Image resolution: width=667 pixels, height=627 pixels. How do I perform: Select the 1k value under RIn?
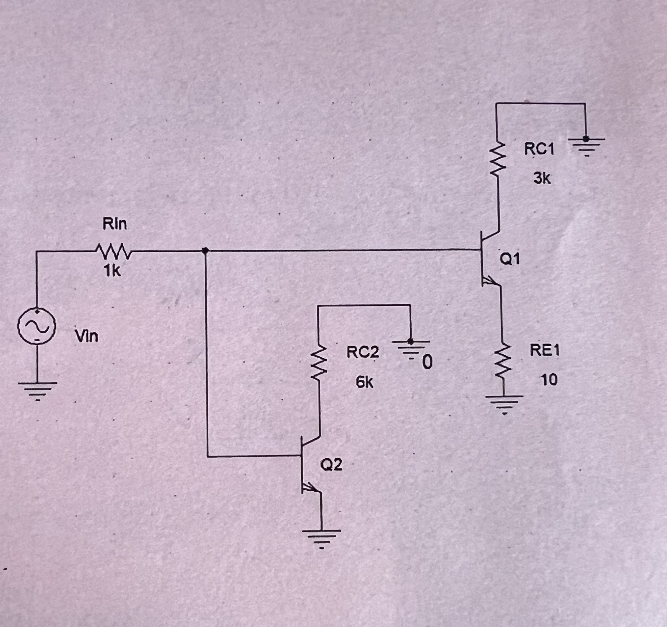coord(112,270)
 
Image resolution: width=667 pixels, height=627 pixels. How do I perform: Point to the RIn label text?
coord(115,224)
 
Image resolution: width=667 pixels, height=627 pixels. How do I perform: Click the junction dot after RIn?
coord(205,250)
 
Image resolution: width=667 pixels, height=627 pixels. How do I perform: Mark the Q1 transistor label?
coord(510,259)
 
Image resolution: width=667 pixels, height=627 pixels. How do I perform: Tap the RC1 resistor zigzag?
coord(497,159)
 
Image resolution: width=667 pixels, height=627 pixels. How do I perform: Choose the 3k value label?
coord(542,178)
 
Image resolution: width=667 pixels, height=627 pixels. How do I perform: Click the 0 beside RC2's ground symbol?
coord(427,363)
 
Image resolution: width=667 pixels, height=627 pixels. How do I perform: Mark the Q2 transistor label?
coord(331,465)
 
